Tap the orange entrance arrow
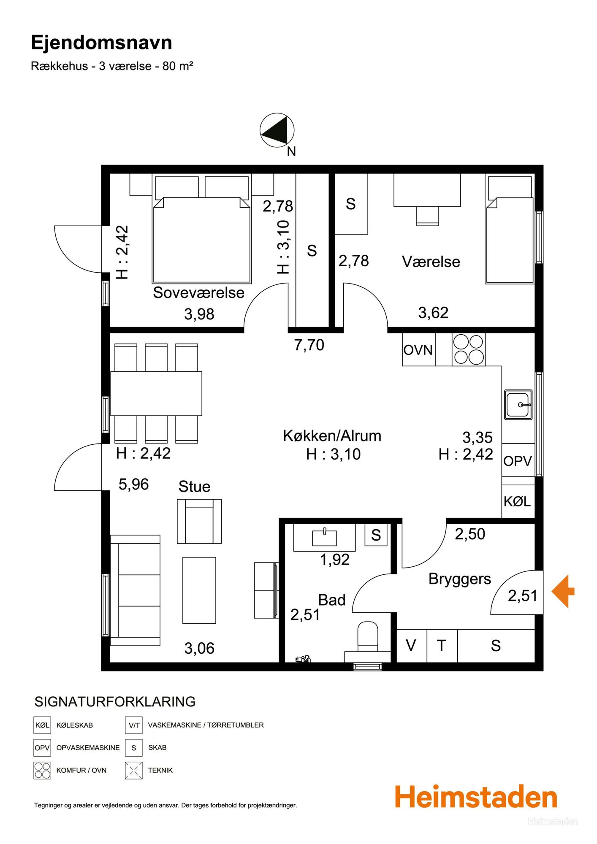[x=563, y=591]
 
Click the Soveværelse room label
[x=198, y=292]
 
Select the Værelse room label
[x=431, y=262]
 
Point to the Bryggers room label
[x=460, y=579]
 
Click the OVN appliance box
[x=419, y=349]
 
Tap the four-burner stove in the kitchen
[x=469, y=349]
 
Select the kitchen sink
[x=518, y=405]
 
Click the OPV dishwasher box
[x=518, y=460]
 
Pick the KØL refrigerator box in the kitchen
[x=518, y=501]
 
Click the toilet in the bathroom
[x=368, y=638]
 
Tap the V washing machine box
[x=412, y=646]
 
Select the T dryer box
[x=442, y=646]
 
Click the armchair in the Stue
[x=199, y=521]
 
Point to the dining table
[x=156, y=393]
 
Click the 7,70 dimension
[x=309, y=345]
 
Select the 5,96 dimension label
[x=133, y=484]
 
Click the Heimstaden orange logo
[x=476, y=797]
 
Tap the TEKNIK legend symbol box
[x=133, y=770]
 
